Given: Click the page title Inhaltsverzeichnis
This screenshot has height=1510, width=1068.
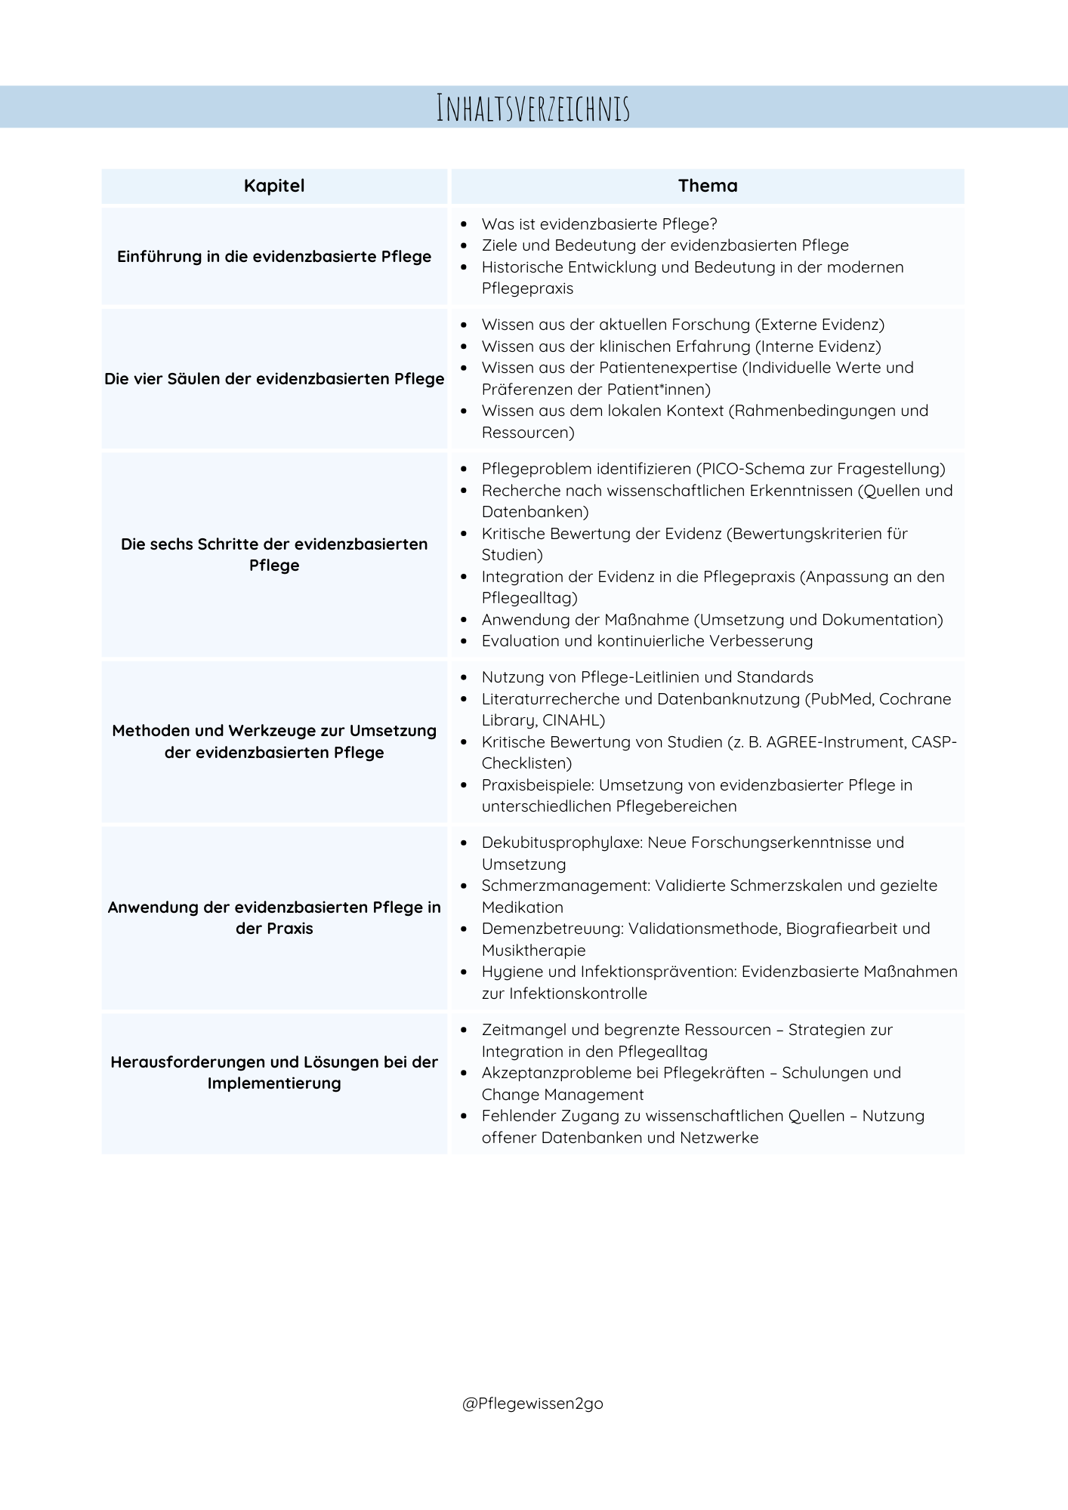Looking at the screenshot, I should click(x=533, y=108).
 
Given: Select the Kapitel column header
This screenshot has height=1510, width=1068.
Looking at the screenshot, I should click(x=274, y=186).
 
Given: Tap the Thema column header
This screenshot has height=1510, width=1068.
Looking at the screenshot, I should click(x=708, y=186).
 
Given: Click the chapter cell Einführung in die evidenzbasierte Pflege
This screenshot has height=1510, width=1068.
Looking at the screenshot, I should click(x=274, y=257).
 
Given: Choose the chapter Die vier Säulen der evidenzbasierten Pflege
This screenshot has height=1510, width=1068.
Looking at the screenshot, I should click(x=274, y=379).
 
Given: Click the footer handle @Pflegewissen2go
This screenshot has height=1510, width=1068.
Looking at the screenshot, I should click(x=532, y=1404).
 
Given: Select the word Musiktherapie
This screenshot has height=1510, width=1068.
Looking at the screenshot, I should click(x=533, y=951).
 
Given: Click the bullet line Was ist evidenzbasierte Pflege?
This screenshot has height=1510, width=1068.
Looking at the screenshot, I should click(x=599, y=224).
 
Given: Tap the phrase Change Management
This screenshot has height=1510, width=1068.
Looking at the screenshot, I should click(x=563, y=1095).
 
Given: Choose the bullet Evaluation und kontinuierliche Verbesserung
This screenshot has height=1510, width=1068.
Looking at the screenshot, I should click(x=647, y=641).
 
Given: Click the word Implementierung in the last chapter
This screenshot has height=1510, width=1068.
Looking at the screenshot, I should click(x=274, y=1083).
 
